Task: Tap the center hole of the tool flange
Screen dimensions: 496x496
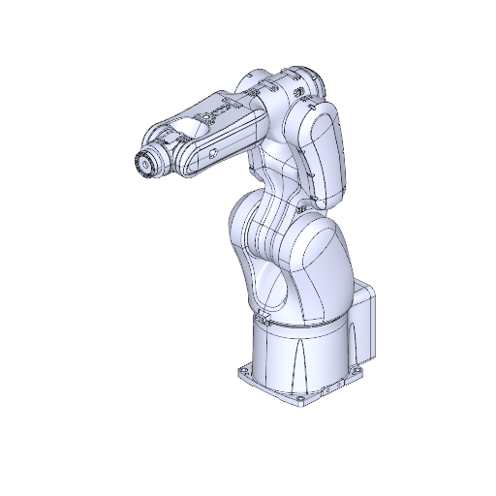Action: (143, 166)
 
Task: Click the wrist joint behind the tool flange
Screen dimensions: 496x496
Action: (165, 155)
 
